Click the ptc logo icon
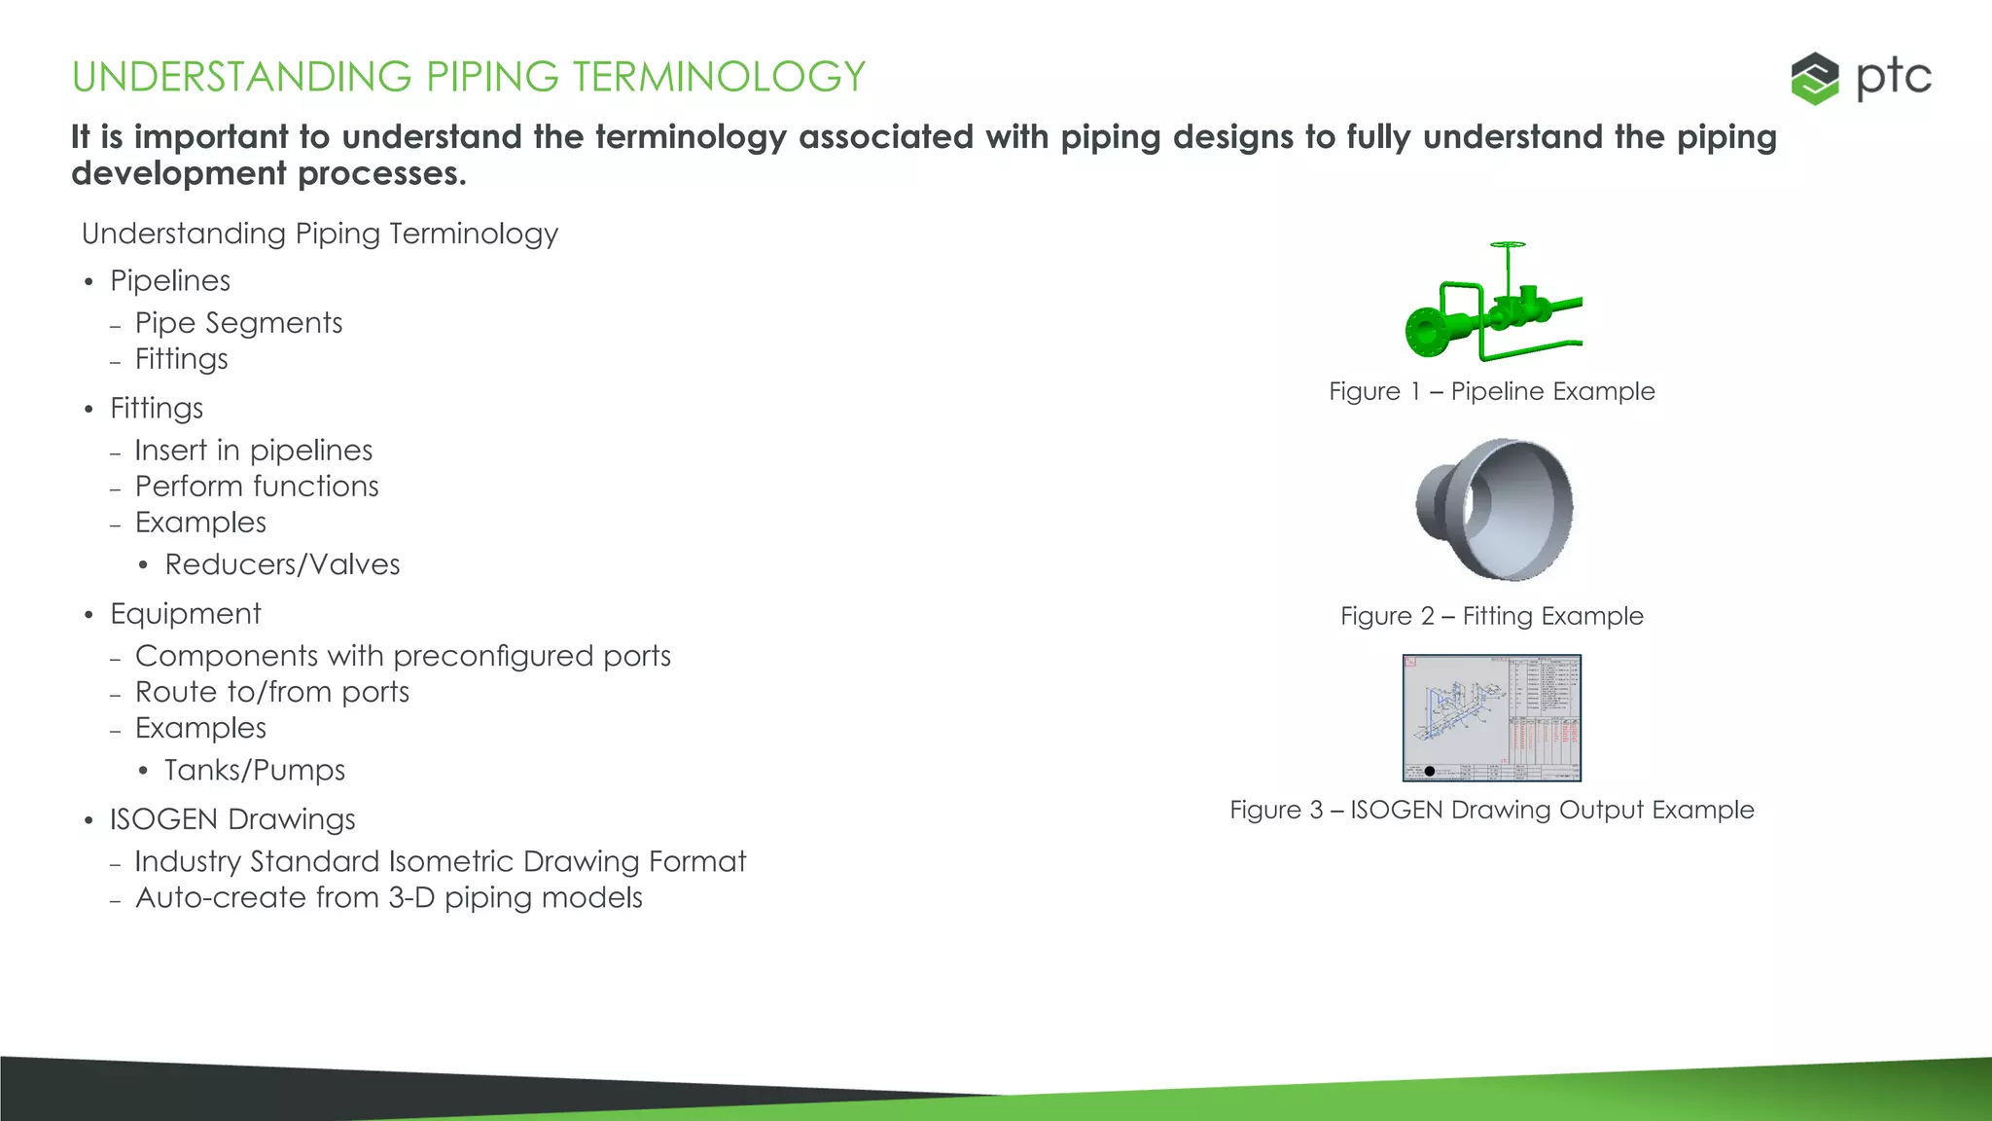1814,78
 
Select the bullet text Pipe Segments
238,323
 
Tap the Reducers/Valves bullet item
282,564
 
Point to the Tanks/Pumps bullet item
255,770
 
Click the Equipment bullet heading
186,614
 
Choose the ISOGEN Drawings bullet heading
232,819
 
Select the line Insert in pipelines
254,451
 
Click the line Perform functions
257,487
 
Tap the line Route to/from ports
272,692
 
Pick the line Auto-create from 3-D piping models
389,897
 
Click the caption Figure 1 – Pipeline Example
1491,391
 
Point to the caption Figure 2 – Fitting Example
1491,616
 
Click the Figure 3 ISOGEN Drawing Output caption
1491,810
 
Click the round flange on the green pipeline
1427,333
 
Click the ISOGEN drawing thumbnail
1492,717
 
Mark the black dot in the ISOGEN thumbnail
1429,771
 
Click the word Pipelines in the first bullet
170,281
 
